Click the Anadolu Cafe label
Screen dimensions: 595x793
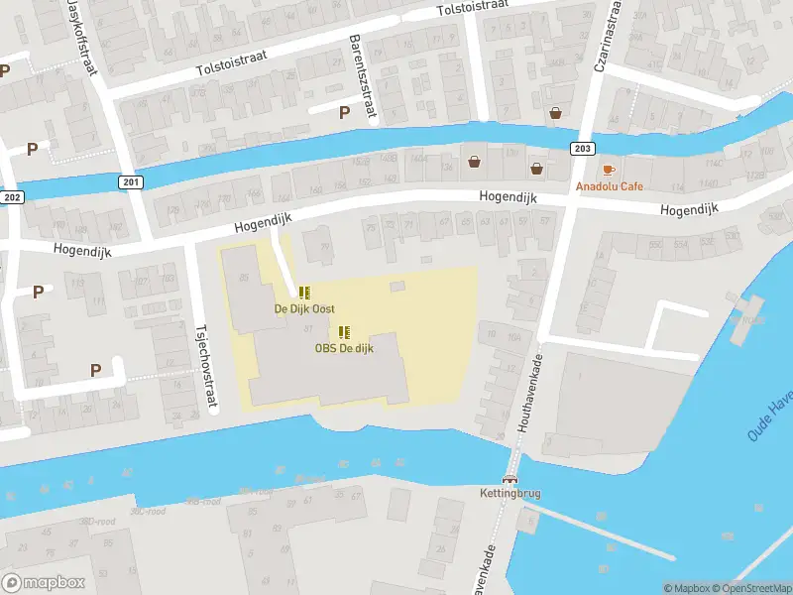(609, 186)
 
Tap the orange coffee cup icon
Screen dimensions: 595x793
(609, 170)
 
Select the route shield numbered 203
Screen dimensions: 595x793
(582, 148)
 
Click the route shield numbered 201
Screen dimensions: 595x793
(131, 181)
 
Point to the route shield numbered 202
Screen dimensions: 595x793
(10, 197)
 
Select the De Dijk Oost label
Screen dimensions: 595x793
(304, 309)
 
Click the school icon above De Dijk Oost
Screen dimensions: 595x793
(304, 293)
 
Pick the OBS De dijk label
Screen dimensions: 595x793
(345, 348)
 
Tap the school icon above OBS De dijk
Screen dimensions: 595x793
(345, 332)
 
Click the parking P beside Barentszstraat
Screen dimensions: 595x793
(344, 112)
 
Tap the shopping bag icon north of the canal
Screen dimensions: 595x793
(556, 113)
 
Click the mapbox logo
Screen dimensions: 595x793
(45, 582)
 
